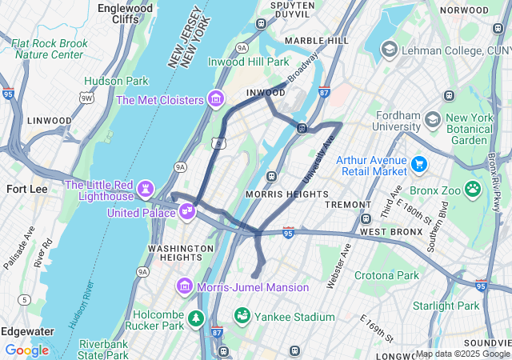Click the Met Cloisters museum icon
pos(214,99)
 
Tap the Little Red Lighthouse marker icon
pos(146,189)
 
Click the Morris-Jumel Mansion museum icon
pos(184,286)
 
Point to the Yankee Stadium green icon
pos(242,316)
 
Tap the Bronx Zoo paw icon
pos(473,189)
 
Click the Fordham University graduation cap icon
pos(433,120)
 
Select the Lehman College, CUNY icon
pos(389,50)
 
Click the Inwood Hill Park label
pos(249,62)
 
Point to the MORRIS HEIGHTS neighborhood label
pos(287,194)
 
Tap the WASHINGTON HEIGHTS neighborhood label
pos(175,253)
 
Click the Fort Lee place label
pos(27,189)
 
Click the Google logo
pos(26,350)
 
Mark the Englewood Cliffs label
pos(126,13)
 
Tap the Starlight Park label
pos(446,306)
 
